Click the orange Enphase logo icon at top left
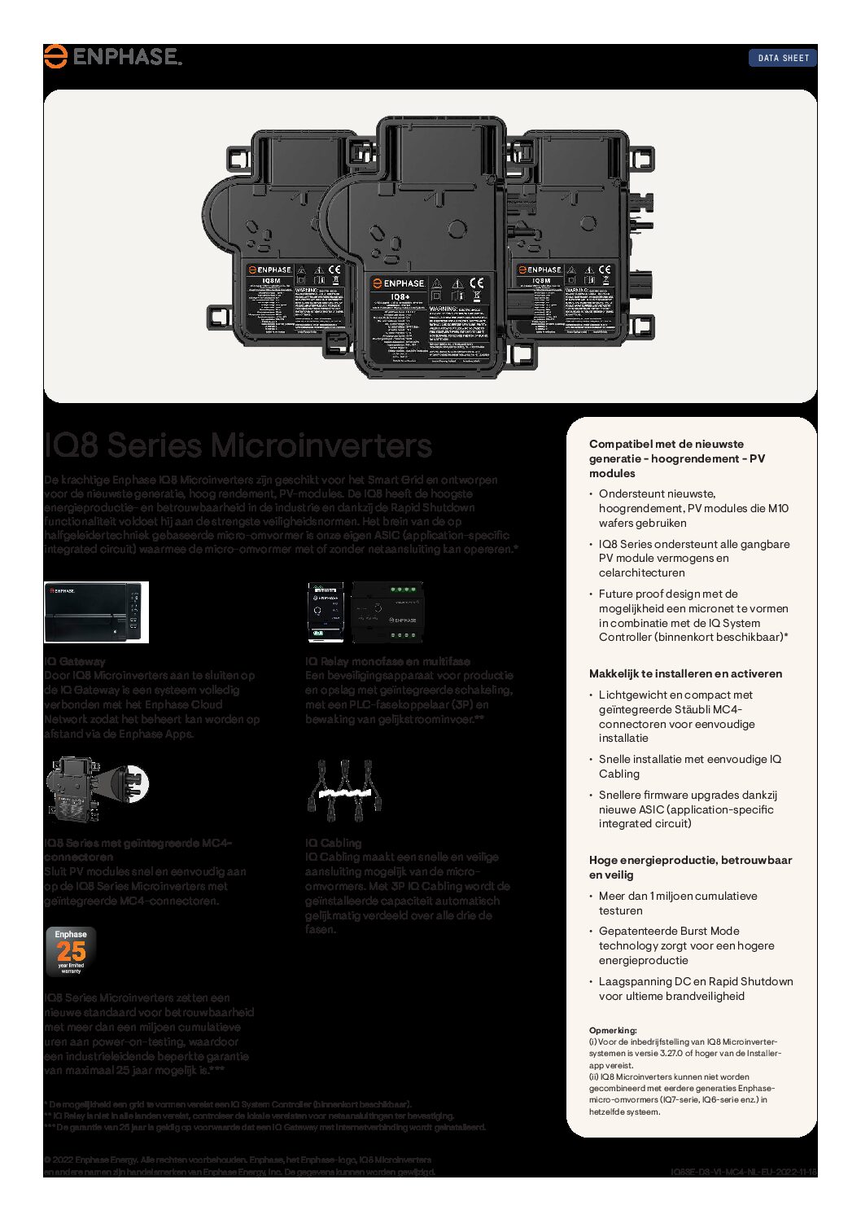click(x=55, y=56)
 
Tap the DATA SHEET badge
click(x=783, y=58)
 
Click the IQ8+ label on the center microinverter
click(x=400, y=297)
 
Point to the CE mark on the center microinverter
click(x=476, y=283)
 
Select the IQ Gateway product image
click(x=96, y=612)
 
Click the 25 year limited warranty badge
click(x=71, y=951)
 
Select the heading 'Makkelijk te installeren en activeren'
click(x=685, y=673)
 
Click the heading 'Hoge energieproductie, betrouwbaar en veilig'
click(x=690, y=867)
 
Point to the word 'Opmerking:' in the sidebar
click(x=613, y=1030)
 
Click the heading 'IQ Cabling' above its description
click(x=333, y=843)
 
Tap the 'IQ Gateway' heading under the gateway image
click(x=74, y=661)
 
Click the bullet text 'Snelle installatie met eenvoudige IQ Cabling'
click(x=689, y=766)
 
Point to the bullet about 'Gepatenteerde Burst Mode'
click(x=686, y=945)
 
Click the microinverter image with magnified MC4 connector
click(x=96, y=788)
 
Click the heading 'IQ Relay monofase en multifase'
click(x=387, y=661)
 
